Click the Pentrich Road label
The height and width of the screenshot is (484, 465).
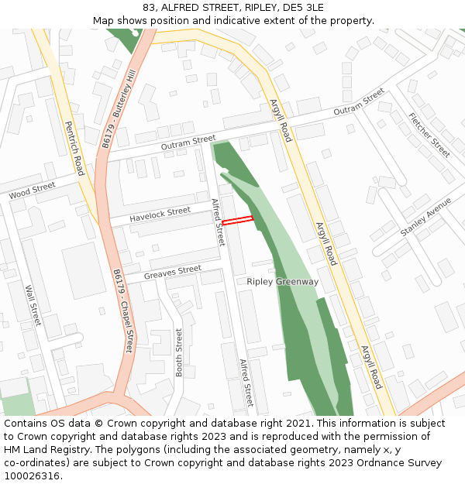coord(74,148)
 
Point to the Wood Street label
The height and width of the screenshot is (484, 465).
coord(33,191)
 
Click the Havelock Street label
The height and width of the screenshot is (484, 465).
coord(160,215)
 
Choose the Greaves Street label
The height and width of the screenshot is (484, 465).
coord(172,272)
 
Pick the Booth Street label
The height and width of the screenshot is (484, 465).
coord(179,352)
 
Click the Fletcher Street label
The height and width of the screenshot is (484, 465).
coord(429,136)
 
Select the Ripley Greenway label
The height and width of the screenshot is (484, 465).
coord(282,282)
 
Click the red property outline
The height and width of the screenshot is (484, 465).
coord(239,221)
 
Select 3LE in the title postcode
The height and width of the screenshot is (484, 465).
coord(314,7)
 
